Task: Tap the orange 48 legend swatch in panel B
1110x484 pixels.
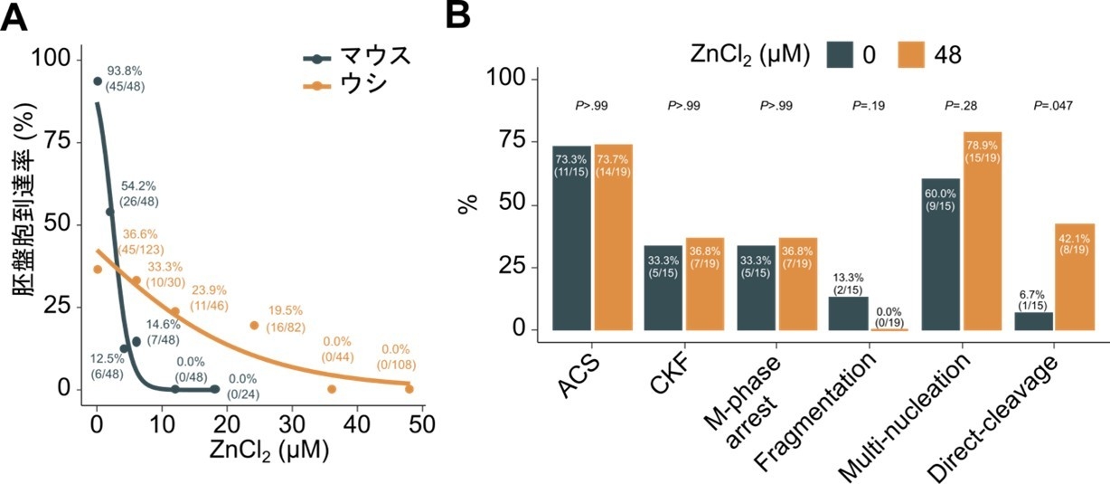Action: click(x=914, y=54)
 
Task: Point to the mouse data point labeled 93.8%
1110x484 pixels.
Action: click(x=98, y=81)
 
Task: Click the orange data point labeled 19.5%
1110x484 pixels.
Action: click(x=254, y=326)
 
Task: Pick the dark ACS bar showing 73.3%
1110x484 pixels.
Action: click(x=571, y=239)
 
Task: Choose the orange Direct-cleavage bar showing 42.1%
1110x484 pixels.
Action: click(x=1075, y=276)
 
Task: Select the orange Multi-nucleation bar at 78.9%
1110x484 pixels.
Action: click(x=982, y=232)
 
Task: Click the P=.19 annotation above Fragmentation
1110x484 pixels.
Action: click(x=869, y=107)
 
